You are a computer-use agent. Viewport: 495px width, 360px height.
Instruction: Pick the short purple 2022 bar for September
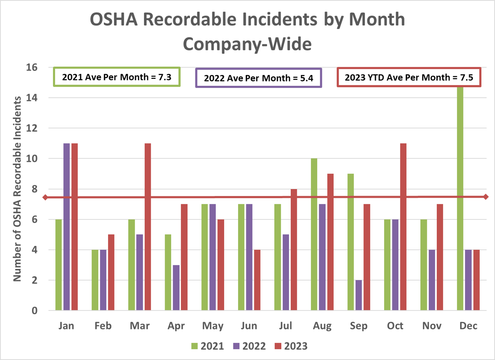[x=359, y=295]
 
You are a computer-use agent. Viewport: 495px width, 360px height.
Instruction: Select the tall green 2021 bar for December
[x=460, y=200]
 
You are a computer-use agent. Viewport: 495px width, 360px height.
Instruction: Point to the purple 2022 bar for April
[x=176, y=288]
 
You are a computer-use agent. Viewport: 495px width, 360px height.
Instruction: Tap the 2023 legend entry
[x=290, y=346]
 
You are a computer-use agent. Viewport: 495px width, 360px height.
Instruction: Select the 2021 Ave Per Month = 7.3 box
[x=117, y=77]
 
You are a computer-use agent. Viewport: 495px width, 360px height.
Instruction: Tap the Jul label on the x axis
[x=286, y=326]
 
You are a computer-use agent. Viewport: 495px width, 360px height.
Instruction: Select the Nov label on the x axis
[x=432, y=326]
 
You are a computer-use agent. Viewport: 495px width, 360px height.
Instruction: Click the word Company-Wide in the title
[x=247, y=44]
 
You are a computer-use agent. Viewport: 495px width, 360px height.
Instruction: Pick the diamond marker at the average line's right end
[x=485, y=197]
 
